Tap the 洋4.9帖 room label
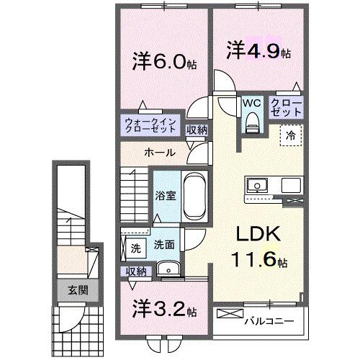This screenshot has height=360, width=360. pos(257,53)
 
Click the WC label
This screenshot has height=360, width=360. pos(251,104)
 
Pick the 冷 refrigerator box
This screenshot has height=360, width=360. pos(292,135)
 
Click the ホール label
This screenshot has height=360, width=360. pos(157,153)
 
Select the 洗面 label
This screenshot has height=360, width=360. pos(164,245)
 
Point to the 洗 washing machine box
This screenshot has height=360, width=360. pos(135,248)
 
